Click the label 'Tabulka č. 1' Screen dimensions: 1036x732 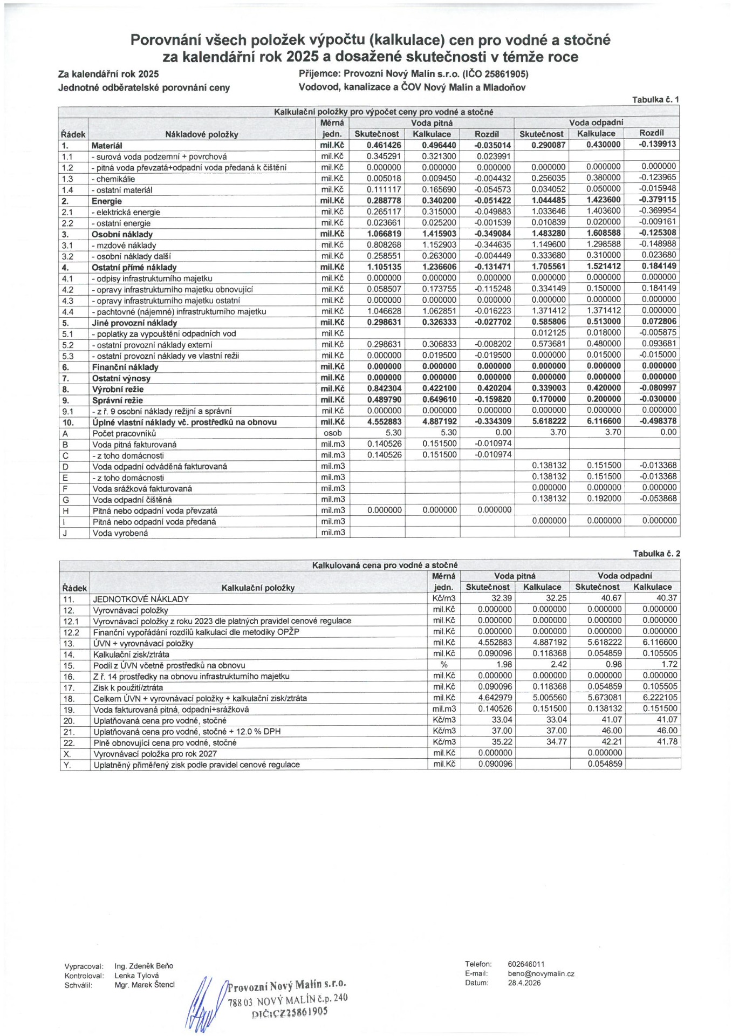655,99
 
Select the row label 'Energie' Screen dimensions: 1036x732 107,201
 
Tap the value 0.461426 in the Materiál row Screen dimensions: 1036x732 384,145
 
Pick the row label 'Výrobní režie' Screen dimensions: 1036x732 118,389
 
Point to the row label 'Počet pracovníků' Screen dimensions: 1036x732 124,433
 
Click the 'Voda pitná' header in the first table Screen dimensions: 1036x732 432,123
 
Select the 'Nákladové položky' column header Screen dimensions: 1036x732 202,134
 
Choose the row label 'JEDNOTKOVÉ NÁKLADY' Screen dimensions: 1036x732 141,599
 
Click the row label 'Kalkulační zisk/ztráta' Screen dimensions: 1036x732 131,655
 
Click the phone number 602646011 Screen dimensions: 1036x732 526,964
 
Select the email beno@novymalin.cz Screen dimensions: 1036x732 541,974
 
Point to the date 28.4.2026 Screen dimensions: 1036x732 524,983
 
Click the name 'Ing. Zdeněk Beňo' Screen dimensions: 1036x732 143,966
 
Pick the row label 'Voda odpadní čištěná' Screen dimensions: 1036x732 132,500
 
